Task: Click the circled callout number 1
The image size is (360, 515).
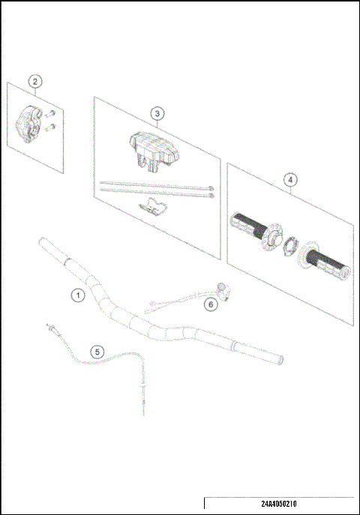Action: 77,295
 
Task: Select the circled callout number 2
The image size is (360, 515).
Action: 35,81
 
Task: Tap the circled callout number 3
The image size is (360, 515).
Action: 156,113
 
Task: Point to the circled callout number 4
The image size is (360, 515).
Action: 290,180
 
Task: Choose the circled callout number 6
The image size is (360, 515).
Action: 211,304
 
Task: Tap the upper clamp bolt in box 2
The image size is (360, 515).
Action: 51,114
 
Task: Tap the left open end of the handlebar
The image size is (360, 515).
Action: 44,242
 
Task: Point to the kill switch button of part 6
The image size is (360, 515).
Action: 222,286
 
